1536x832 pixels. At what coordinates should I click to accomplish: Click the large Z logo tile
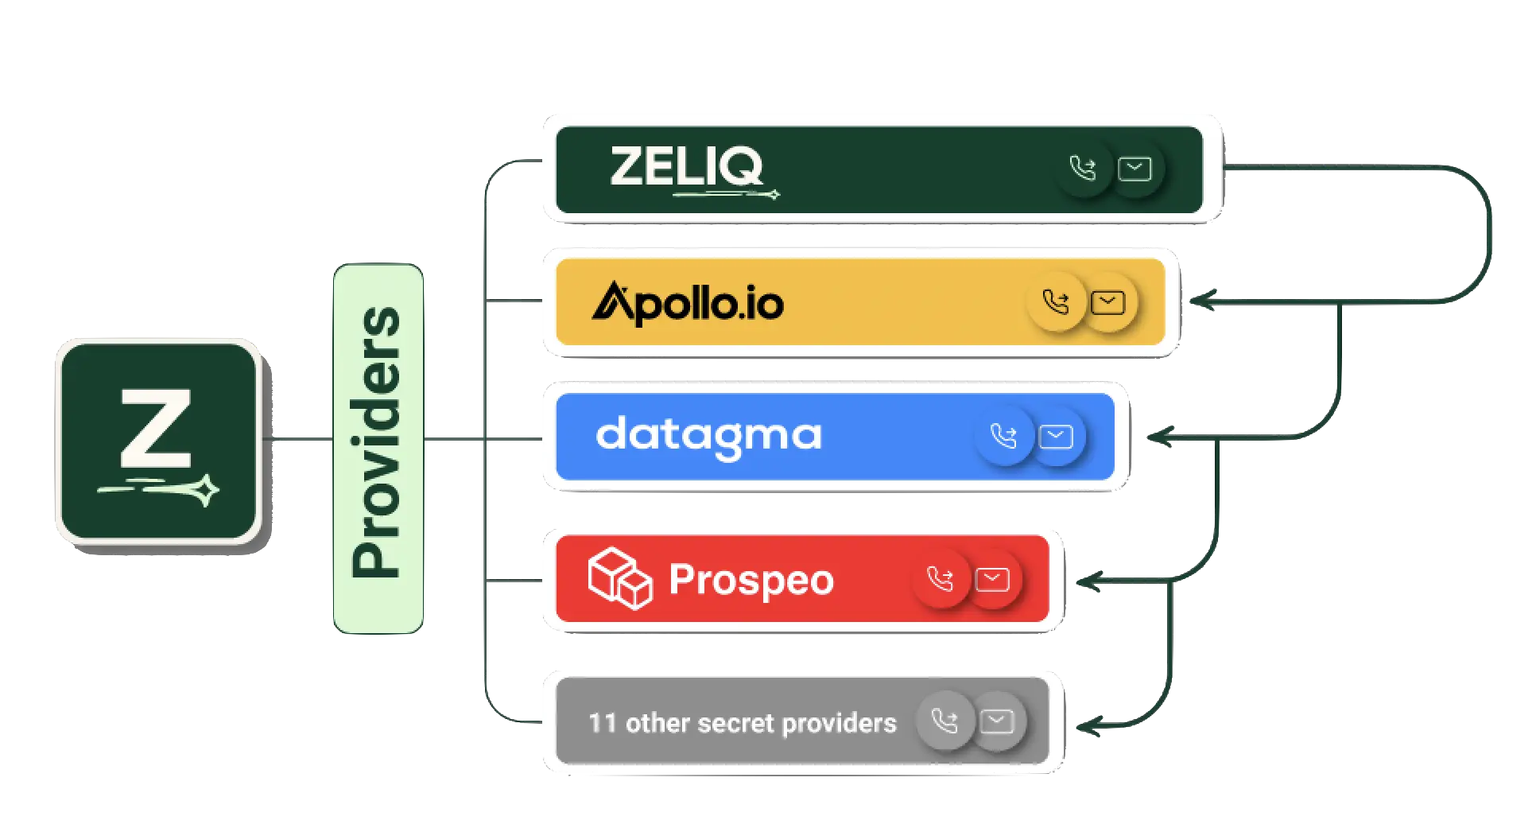point(157,442)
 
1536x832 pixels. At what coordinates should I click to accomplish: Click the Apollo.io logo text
point(688,303)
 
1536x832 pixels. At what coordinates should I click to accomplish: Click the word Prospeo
point(751,580)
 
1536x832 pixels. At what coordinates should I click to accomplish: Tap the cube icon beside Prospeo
point(619,578)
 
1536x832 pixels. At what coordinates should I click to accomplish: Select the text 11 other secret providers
point(742,723)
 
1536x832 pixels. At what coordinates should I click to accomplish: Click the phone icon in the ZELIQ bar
point(1082,169)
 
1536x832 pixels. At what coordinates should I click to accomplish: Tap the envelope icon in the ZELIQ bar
point(1135,169)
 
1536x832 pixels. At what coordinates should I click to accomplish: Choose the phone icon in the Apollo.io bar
point(1056,302)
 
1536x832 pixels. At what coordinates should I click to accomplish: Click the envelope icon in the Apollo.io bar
point(1107,302)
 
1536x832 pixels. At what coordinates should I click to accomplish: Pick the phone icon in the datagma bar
point(1003,436)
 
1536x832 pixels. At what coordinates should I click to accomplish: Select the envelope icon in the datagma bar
point(1056,436)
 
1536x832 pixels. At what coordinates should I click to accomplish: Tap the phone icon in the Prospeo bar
point(940,579)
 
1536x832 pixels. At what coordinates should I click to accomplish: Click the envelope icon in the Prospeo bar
point(992,579)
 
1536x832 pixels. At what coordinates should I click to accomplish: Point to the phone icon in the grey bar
point(944,721)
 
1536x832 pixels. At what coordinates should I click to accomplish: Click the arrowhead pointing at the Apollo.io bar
point(1200,301)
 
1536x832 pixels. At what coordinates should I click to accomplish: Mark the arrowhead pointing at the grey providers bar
point(1086,725)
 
